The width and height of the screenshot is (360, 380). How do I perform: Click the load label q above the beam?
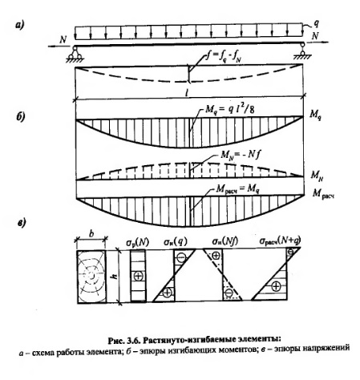point(316,23)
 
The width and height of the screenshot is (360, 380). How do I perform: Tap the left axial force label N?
point(63,39)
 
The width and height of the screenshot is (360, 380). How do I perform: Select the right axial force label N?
point(315,35)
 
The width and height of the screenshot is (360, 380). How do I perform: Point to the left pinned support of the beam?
point(75,55)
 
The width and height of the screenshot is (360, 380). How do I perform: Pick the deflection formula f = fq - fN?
point(223,58)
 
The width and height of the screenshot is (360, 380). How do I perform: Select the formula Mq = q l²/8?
point(229,109)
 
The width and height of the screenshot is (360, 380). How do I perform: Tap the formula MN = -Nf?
point(240,156)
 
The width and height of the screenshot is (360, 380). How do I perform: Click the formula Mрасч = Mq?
point(237,189)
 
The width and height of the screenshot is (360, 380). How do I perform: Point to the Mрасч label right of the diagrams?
point(323,194)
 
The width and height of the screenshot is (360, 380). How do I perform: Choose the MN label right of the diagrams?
point(317,176)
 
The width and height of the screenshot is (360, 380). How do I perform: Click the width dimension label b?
point(91,234)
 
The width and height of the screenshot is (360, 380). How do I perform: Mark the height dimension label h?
point(115,276)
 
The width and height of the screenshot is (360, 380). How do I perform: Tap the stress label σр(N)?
point(137,243)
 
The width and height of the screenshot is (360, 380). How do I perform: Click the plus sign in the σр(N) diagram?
point(139,276)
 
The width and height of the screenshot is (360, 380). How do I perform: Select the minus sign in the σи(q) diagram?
point(181,257)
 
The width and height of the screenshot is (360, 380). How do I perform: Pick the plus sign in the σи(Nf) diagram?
point(216,256)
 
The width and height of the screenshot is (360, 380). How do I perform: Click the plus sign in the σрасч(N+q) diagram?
point(276,287)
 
